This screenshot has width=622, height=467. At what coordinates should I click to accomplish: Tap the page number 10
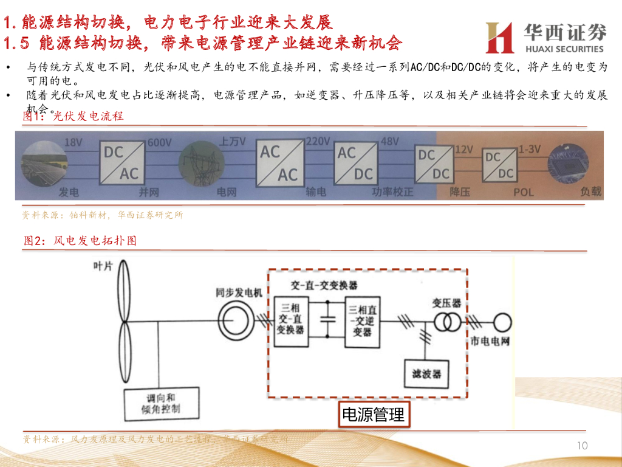(582, 446)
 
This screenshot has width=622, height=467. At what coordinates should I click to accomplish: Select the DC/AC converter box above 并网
(121, 163)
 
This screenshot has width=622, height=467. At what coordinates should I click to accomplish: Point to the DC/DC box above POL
(498, 165)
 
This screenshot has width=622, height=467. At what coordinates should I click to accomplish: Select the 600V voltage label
(159, 142)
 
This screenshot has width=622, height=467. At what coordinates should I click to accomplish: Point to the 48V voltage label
(389, 142)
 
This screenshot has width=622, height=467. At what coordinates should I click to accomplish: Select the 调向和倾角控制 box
(160, 403)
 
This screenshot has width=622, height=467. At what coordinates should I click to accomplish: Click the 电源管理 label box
(374, 415)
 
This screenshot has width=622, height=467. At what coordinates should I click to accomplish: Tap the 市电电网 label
(490, 341)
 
